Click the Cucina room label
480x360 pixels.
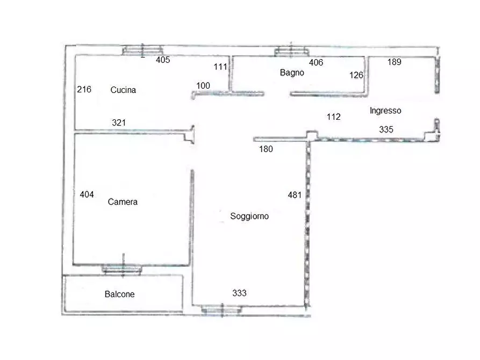(x=123, y=90)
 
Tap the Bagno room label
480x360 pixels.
(x=292, y=73)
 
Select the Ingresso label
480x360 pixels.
(x=385, y=111)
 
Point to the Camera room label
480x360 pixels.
(x=123, y=202)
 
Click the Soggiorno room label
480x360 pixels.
(x=249, y=217)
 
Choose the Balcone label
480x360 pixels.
(x=120, y=294)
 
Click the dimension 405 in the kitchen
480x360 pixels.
(x=163, y=60)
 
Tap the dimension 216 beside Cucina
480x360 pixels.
(x=84, y=89)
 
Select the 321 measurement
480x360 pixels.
(x=119, y=123)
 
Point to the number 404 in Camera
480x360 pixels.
(x=87, y=195)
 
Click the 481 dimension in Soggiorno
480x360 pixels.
(x=295, y=195)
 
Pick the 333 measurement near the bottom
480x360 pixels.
(x=239, y=293)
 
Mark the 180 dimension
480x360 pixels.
(x=266, y=149)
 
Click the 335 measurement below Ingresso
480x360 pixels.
(x=386, y=129)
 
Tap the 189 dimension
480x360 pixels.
(x=395, y=62)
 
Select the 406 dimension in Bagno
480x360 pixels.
(x=316, y=62)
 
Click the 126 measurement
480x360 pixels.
(x=356, y=75)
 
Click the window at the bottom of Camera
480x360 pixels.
(x=122, y=269)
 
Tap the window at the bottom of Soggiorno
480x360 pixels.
(x=221, y=309)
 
